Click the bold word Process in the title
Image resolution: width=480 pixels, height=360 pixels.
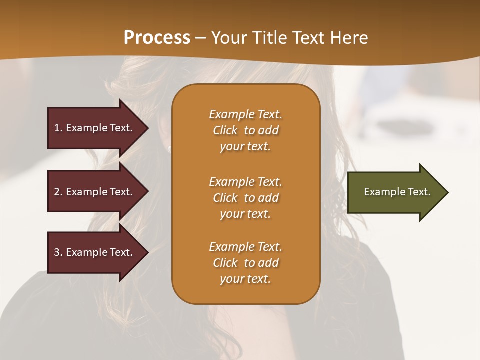[x=157, y=38]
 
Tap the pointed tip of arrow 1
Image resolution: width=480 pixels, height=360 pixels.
[x=147, y=128]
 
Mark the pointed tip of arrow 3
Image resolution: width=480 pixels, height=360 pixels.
[x=147, y=252]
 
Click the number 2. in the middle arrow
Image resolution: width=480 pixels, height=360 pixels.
[x=58, y=192]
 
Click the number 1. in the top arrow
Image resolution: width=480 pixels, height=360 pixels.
[x=58, y=128]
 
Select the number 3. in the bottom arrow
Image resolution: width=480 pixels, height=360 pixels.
[x=58, y=252]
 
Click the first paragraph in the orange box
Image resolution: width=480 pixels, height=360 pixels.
[x=245, y=130]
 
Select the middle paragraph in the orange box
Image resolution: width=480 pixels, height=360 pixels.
[x=245, y=198]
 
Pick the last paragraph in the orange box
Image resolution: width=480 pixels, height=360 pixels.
[x=245, y=263]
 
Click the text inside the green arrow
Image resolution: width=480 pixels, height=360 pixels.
[x=397, y=192]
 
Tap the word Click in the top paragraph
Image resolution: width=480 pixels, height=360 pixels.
[x=225, y=130]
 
